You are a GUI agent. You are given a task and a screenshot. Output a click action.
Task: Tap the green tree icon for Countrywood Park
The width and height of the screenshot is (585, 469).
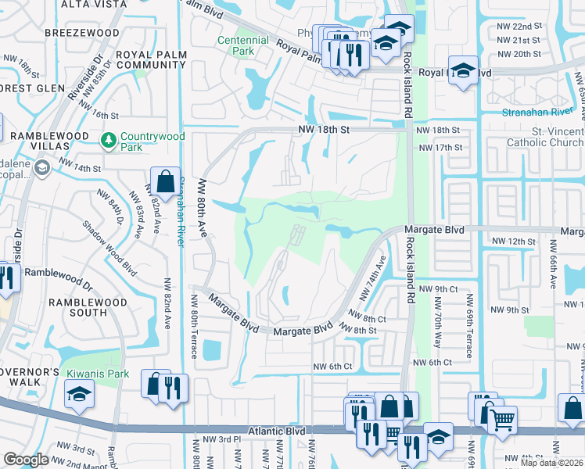coord(109,141)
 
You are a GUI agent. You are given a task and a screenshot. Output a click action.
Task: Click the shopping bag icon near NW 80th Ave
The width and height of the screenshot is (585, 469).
coord(167,182)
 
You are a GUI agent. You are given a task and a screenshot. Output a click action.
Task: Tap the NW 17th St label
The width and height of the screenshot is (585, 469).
coord(440,147)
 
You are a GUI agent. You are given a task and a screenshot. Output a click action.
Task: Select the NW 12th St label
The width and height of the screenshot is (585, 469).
coord(509,242)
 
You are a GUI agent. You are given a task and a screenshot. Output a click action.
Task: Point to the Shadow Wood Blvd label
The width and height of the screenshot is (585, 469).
coord(109,249)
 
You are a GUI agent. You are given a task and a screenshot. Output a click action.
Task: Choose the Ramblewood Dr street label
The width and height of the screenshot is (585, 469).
coord(59,273)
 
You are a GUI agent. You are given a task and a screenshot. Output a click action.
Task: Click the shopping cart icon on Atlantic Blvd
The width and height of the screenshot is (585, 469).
coord(502,421)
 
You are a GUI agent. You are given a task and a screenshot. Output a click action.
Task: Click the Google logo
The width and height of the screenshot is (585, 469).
coord(26,460)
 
